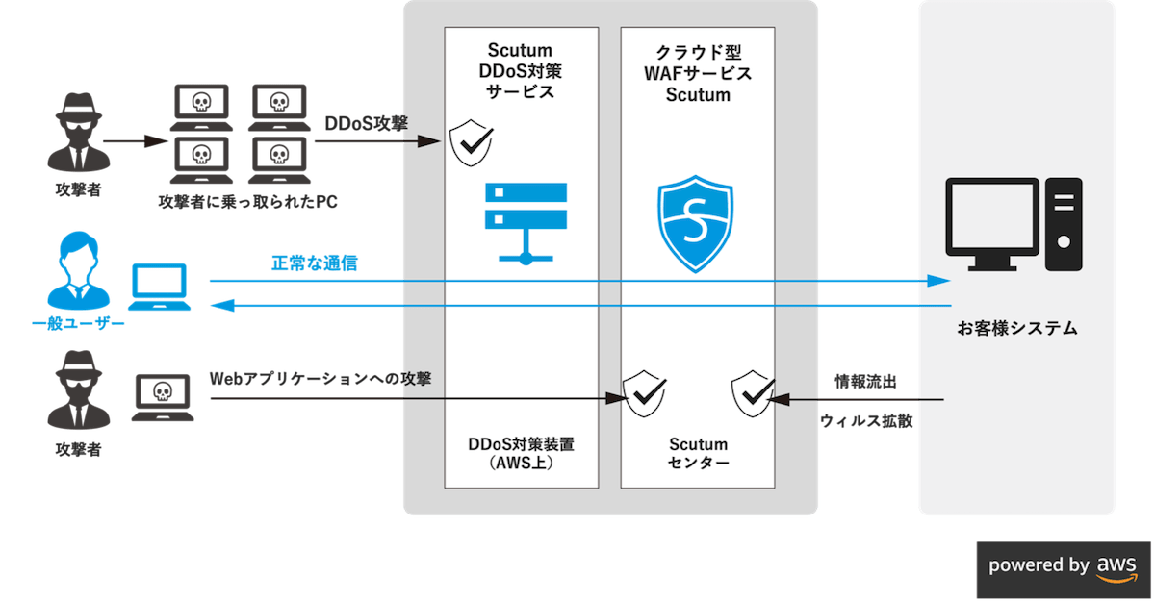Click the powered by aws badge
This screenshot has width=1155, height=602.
1063,564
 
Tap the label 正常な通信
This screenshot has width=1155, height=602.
315,263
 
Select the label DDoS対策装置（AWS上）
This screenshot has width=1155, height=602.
520,454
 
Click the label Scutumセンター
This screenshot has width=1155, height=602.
698,454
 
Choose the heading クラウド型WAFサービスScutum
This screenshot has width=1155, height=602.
698,73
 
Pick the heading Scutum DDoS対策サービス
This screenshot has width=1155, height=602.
521,71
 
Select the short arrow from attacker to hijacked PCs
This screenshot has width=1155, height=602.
135,142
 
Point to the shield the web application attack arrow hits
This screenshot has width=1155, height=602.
643,392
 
